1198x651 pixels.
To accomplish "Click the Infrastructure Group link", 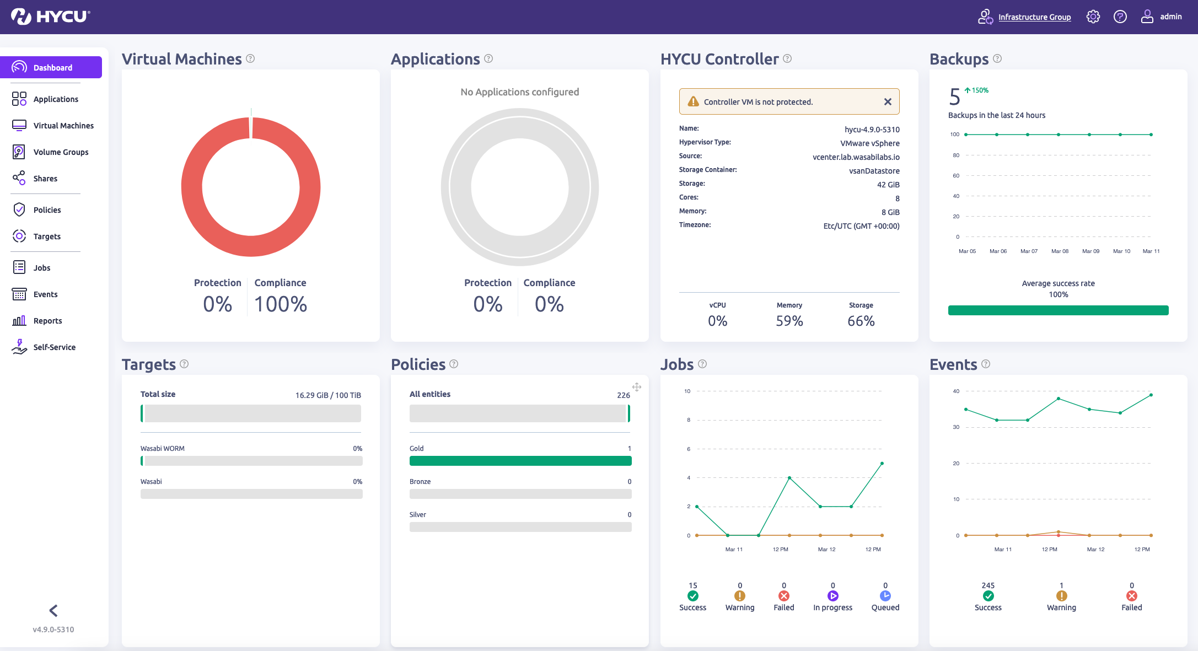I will pos(1034,17).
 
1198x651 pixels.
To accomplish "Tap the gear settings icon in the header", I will pos(1093,17).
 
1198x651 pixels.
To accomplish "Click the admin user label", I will pos(1170,17).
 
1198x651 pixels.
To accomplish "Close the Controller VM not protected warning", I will pos(888,101).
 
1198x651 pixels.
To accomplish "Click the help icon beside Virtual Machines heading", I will pos(250,58).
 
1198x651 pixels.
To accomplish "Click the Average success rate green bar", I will pos(1058,310).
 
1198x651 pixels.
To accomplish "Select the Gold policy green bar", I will pos(520,461).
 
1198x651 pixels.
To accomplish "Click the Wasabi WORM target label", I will pos(163,449).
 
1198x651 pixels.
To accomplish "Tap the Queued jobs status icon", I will pos(885,596).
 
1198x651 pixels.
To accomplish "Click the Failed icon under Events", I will pos(1131,596).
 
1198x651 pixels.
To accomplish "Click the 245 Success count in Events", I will pos(987,585).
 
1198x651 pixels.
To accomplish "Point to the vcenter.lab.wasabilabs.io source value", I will pos(856,157).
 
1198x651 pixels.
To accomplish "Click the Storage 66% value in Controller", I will pos(861,321).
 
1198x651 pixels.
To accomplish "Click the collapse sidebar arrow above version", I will pos(53,610).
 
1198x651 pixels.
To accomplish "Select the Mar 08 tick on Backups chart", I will pos(1059,251).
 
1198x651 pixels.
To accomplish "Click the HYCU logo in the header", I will pos(51,17).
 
